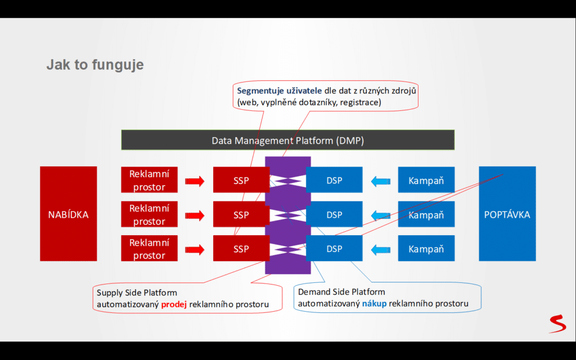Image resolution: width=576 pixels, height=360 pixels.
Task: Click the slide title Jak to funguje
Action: (94, 65)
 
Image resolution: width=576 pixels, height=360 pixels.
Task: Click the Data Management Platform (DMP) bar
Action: (287, 140)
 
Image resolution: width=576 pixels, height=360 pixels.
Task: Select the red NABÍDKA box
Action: (68, 214)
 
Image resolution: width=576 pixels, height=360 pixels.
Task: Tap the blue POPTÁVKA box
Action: (507, 214)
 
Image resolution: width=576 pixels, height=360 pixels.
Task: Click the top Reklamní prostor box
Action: (149, 180)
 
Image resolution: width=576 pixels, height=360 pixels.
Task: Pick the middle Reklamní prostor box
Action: (149, 214)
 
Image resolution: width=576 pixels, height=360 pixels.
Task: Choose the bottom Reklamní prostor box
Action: (149, 249)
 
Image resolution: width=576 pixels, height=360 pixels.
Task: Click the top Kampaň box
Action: (426, 181)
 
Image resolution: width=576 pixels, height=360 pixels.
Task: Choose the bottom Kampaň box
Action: (426, 249)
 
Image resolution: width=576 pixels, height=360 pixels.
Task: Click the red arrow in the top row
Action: (195, 181)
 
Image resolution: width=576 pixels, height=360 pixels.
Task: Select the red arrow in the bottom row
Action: (195, 249)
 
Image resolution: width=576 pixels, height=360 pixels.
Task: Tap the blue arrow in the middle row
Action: (380, 214)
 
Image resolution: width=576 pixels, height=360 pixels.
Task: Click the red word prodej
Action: (174, 304)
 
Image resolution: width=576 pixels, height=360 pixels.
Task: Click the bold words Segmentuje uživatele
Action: (280, 91)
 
